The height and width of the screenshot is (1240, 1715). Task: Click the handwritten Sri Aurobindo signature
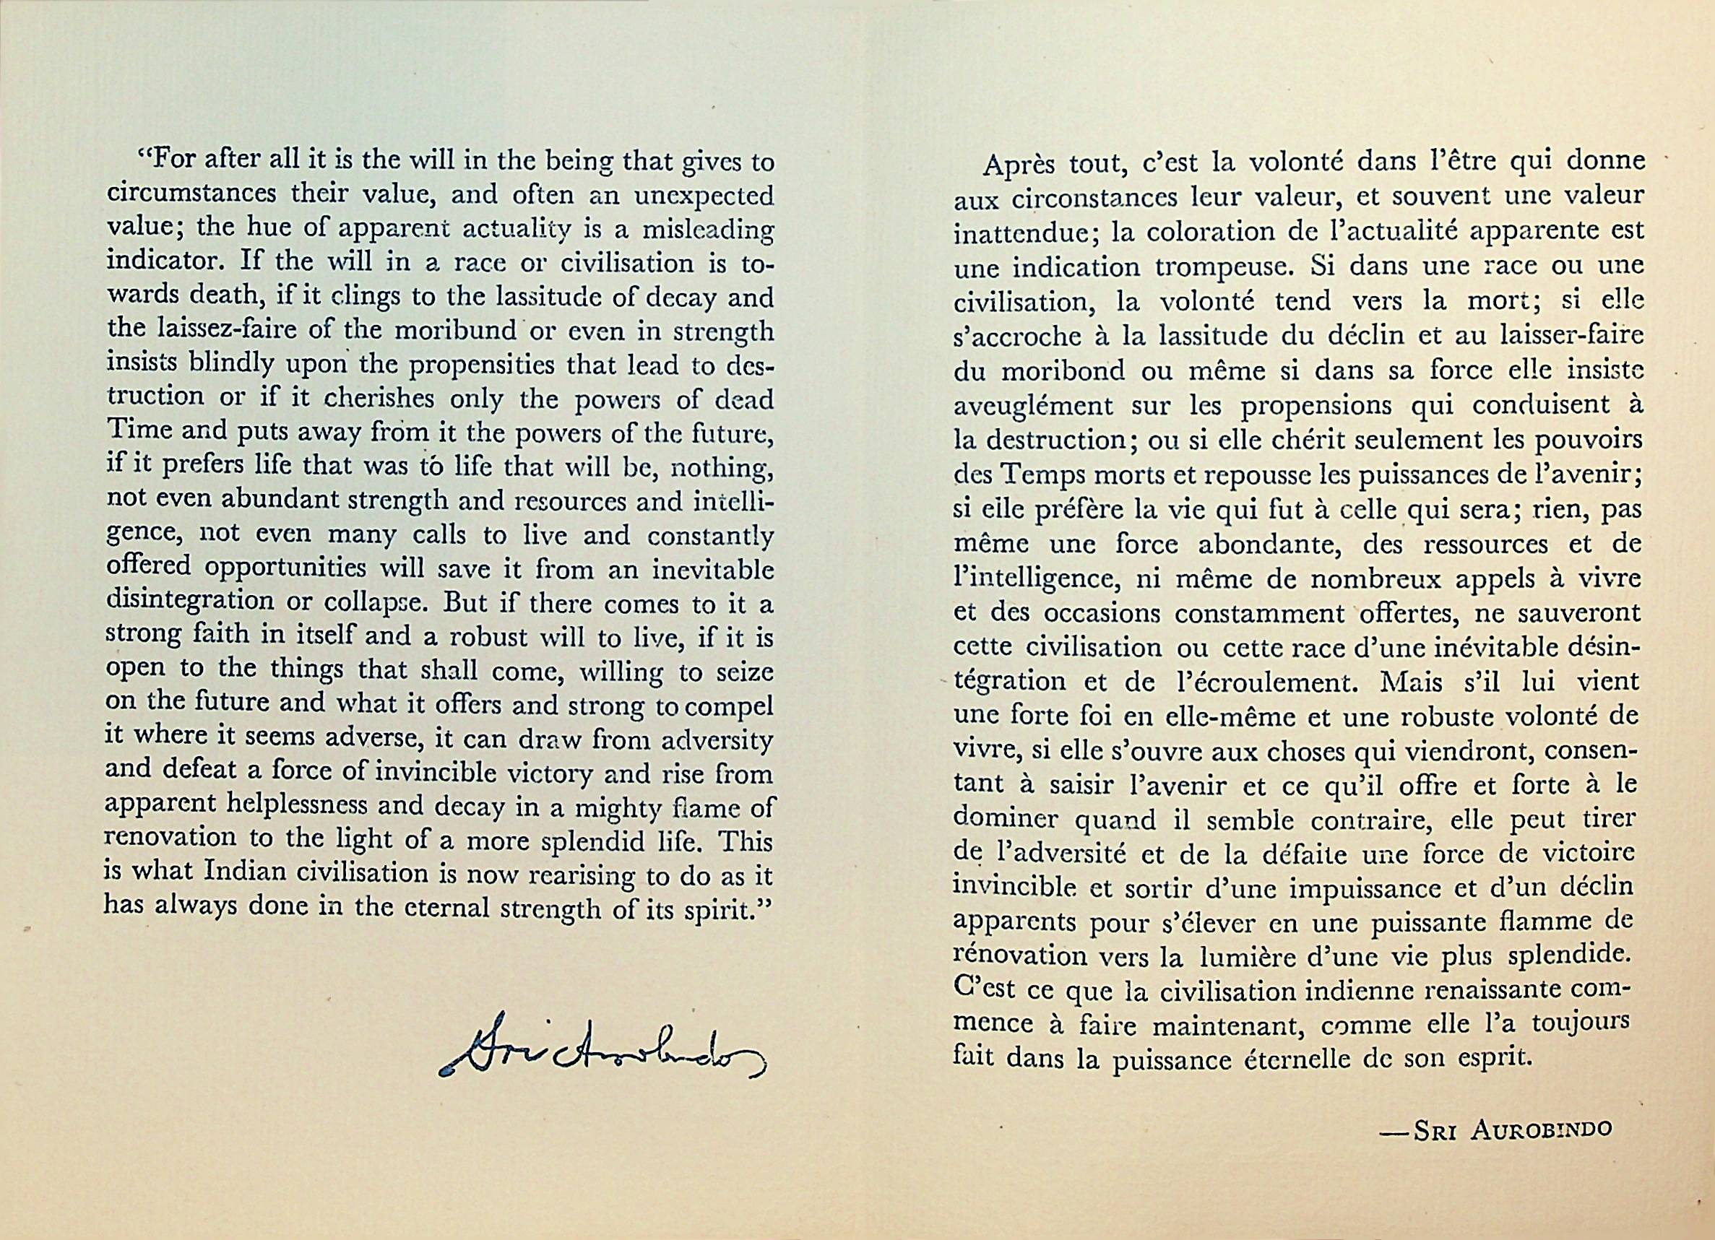coord(602,1051)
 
